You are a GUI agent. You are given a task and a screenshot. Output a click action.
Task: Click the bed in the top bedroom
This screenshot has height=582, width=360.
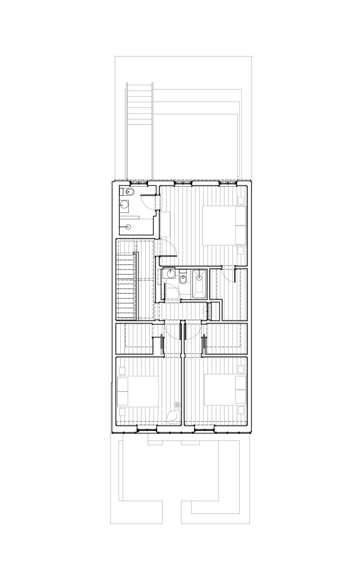(x=224, y=225)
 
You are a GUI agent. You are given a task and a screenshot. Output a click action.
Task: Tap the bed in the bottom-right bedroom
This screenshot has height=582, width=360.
(x=225, y=389)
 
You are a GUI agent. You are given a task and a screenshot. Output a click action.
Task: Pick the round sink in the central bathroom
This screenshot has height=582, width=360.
(x=171, y=273)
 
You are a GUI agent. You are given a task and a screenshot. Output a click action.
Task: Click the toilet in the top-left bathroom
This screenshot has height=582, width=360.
(x=130, y=193)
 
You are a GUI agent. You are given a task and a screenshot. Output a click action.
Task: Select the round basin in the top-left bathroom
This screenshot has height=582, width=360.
(x=125, y=205)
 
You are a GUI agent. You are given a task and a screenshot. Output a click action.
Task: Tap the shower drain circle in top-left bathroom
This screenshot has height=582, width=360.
(x=128, y=227)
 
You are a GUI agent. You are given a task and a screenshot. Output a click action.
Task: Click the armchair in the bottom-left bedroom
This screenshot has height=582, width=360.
(x=173, y=417)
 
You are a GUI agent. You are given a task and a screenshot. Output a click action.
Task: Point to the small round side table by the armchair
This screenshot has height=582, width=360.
(x=177, y=405)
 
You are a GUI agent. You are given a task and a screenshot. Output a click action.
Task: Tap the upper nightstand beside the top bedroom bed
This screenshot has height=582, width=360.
(x=241, y=200)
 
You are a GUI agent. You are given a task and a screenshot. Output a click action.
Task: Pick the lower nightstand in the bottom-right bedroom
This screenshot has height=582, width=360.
(x=241, y=410)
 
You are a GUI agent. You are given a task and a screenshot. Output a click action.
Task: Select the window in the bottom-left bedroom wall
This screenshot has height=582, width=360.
(x=147, y=430)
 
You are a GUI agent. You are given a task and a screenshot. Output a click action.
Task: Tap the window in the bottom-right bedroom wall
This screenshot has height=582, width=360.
(x=204, y=430)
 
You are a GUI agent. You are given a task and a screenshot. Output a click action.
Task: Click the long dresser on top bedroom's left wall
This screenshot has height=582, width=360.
(x=165, y=224)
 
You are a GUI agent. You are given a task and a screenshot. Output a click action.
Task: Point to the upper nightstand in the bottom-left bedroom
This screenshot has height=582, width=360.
(x=122, y=371)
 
